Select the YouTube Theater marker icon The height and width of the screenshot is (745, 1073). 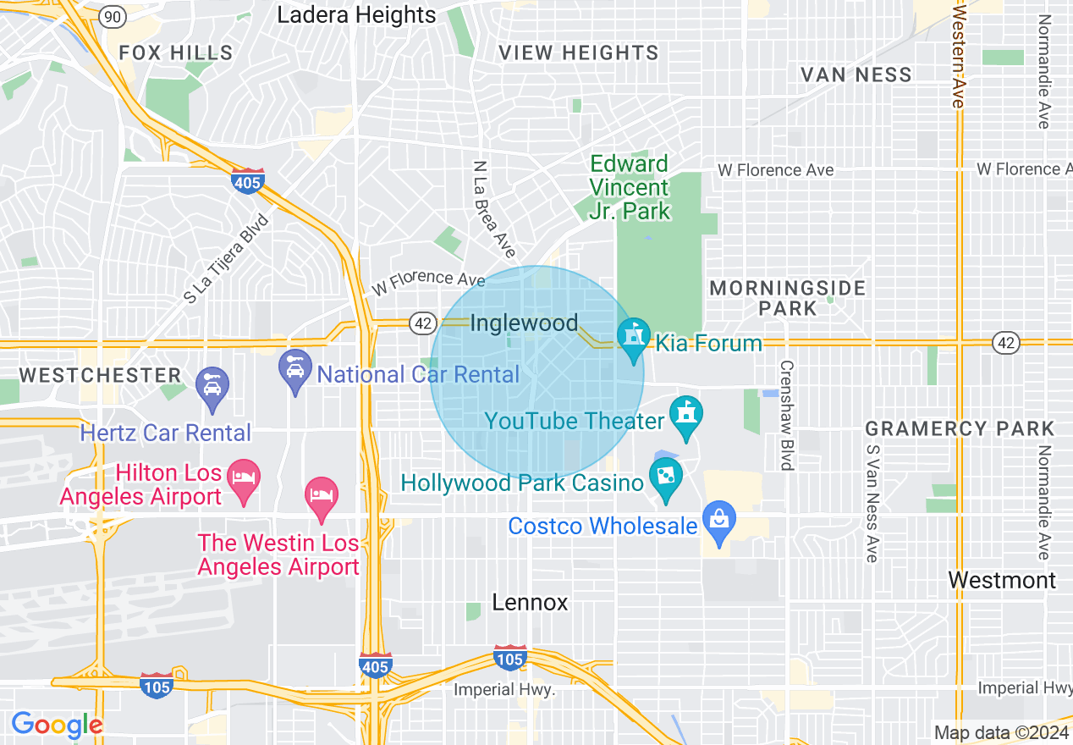click(686, 416)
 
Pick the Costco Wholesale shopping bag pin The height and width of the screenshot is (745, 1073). click(719, 521)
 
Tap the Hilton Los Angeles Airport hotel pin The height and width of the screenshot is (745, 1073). click(244, 479)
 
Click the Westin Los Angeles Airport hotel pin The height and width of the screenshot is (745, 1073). click(322, 495)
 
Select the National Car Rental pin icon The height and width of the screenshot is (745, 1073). click(295, 369)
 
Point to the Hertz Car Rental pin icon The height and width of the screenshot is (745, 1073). click(212, 386)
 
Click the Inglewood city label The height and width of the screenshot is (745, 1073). click(524, 323)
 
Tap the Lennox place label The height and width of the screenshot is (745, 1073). click(531, 603)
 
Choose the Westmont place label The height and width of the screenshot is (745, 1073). click(1002, 580)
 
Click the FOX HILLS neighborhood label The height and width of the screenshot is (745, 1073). click(176, 52)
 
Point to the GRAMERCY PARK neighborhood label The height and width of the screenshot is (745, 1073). click(960, 428)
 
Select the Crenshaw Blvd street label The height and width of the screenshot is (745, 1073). click(786, 416)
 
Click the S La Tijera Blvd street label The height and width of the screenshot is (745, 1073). click(226, 259)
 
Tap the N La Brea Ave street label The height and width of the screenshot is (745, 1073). click(494, 210)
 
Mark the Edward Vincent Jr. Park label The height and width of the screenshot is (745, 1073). click(630, 187)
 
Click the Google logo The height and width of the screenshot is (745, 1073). click(57, 725)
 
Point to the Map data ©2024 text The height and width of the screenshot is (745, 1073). click(998, 731)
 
